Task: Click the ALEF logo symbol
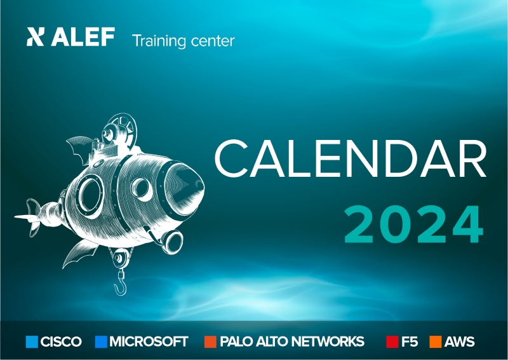35,36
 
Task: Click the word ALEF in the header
83,37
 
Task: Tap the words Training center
184,41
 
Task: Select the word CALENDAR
351,158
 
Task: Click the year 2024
414,225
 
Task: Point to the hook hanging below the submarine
121,284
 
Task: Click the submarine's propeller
29,217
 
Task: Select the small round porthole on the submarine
142,189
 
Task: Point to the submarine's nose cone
182,188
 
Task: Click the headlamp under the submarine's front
171,242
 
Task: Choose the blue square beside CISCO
32,342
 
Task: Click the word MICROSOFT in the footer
149,342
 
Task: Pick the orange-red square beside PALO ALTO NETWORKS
210,342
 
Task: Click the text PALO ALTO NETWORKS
292,342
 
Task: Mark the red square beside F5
392,342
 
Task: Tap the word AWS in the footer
459,342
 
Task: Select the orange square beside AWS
436,342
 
